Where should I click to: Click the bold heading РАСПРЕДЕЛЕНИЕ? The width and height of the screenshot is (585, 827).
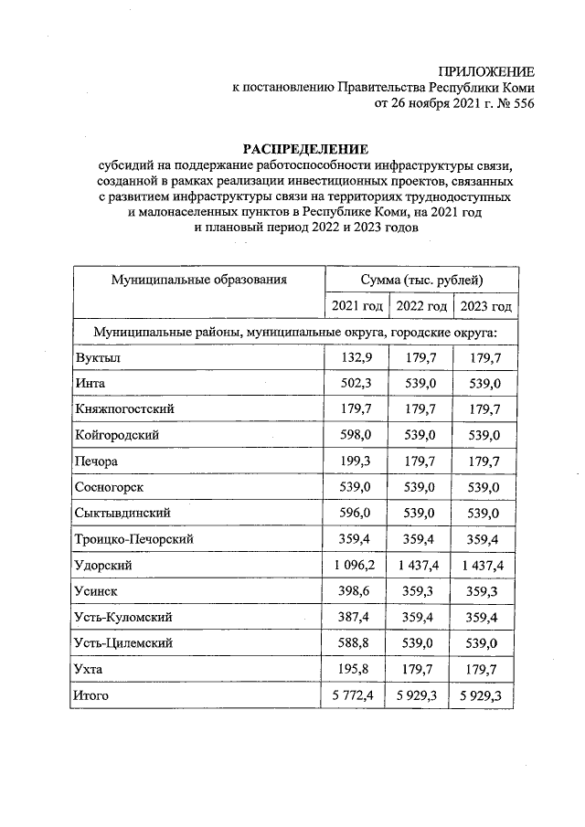(x=304, y=148)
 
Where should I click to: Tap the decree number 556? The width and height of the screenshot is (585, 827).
(x=522, y=103)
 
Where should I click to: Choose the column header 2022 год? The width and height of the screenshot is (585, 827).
(x=420, y=306)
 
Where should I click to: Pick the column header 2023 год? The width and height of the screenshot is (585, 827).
(x=486, y=306)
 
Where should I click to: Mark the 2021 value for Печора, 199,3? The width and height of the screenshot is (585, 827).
(x=355, y=461)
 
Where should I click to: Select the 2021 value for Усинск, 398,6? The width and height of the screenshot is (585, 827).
(x=355, y=592)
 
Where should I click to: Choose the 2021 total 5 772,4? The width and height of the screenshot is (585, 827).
(x=355, y=697)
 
